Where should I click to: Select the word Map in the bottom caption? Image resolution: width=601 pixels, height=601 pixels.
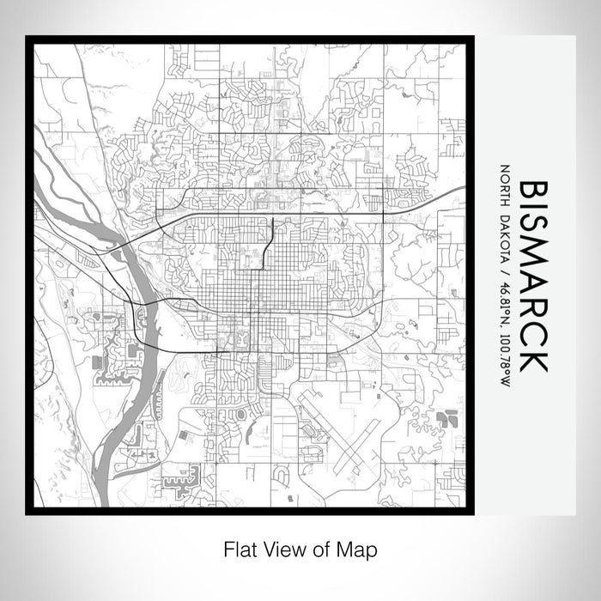click(361, 548)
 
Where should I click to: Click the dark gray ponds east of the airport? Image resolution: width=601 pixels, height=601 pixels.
click(446, 418)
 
